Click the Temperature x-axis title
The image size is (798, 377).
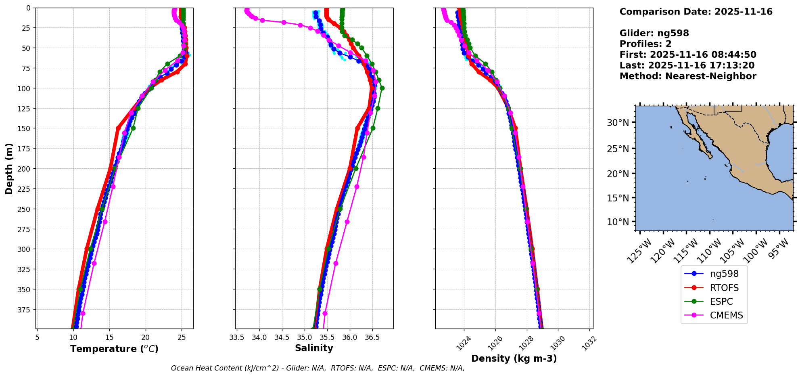pyautogui.click(x=114, y=349)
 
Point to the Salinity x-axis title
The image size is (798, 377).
pyautogui.click(x=314, y=348)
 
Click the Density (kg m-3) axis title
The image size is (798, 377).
pyautogui.click(x=514, y=358)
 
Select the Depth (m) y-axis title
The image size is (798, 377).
pyautogui.click(x=9, y=168)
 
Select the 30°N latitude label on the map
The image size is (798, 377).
pyautogui.click(x=618, y=123)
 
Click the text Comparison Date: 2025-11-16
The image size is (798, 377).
pyautogui.click(x=696, y=12)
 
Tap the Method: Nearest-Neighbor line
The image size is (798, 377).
pyautogui.click(x=688, y=76)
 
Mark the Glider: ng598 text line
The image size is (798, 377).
pyautogui.click(x=654, y=33)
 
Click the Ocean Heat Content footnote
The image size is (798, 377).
pyautogui.click(x=318, y=368)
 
